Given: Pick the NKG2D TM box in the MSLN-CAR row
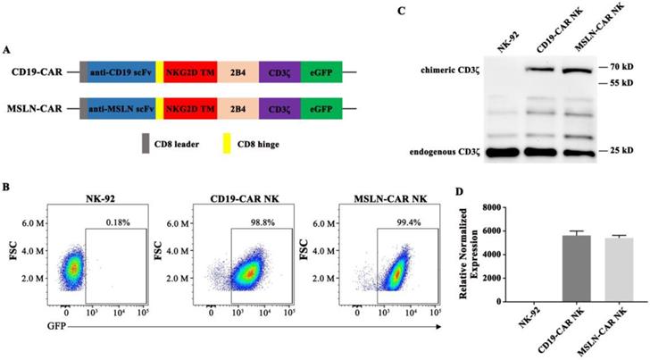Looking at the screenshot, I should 189,111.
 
